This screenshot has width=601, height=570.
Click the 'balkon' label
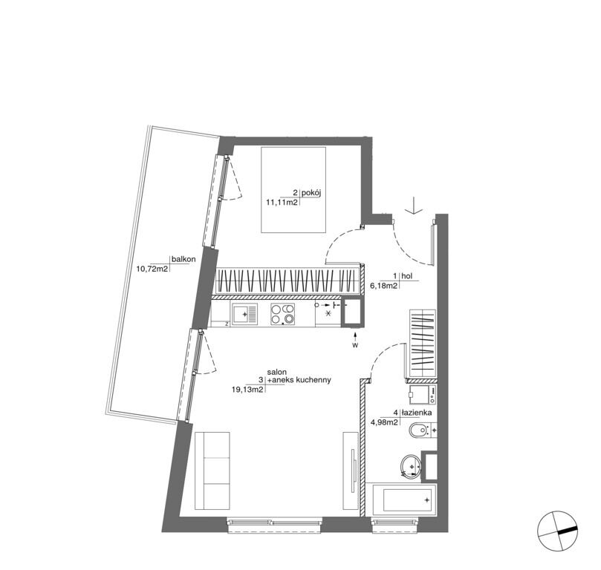[183, 259]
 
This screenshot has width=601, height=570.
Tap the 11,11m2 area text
[282, 203]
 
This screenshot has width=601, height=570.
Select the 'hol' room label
[407, 275]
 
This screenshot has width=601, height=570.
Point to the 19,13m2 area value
[247, 390]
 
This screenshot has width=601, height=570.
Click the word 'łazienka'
[417, 413]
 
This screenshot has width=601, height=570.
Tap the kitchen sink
[244, 314]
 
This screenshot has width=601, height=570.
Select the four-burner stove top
[283, 314]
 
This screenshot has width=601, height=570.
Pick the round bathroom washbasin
[412, 466]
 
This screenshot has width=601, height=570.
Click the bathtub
[400, 499]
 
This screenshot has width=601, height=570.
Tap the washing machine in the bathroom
[423, 394]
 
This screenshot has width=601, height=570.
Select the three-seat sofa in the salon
[212, 471]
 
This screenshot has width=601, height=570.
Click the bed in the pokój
[293, 190]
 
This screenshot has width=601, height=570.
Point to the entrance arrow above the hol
[415, 205]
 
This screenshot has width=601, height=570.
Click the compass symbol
[558, 530]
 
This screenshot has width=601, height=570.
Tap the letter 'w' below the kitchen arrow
[356, 346]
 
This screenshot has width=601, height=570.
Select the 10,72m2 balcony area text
[152, 269]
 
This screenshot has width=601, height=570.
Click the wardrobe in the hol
[423, 343]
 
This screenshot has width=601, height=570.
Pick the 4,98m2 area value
[386, 422]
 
